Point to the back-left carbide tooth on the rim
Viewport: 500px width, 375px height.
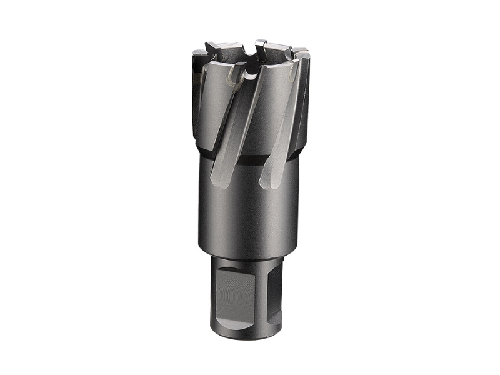(x=212, y=47)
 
